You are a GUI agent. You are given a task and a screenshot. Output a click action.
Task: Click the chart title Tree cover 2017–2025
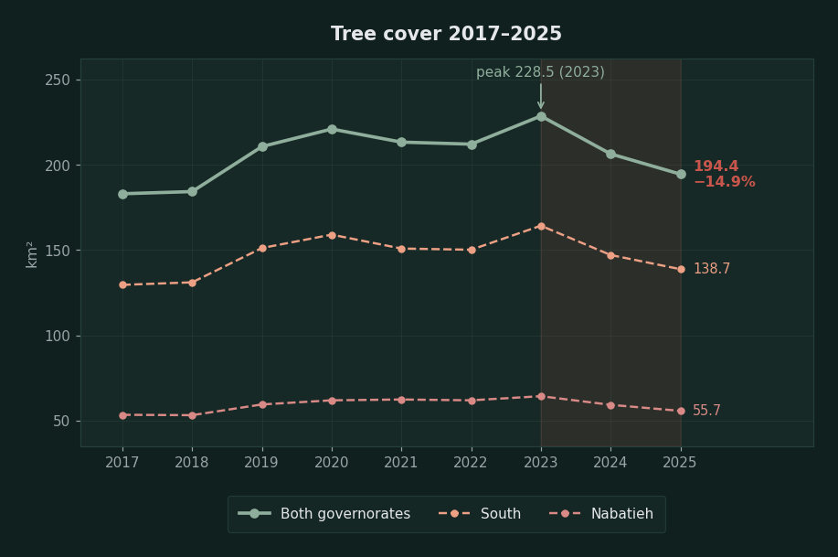point(446,34)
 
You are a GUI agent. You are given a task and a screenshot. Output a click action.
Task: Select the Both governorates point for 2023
point(541,117)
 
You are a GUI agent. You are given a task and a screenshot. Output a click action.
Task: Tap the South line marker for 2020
point(332,235)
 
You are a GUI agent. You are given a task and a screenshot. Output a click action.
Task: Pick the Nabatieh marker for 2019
point(262,404)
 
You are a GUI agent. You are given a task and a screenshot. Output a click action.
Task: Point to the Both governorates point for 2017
point(123,194)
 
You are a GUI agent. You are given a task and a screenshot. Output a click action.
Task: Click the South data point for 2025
point(681,269)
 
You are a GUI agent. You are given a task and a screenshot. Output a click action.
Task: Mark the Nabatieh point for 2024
point(610,405)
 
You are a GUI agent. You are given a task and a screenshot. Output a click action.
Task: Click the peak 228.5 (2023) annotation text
point(540,72)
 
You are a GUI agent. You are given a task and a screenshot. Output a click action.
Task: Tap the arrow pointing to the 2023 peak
point(541,96)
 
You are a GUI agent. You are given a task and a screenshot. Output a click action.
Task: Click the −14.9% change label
point(724,182)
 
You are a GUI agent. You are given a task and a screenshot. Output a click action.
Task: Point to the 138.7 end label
point(712,269)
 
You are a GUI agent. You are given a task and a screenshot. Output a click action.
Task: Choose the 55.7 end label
point(706,411)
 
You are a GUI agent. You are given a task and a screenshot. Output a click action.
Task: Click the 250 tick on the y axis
point(58,80)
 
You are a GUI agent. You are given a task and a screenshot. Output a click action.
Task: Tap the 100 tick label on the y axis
point(58,336)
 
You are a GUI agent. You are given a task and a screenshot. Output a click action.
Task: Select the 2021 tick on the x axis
point(401,462)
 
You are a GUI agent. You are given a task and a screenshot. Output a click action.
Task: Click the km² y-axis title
point(32,254)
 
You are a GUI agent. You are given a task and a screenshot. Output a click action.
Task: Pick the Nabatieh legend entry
point(601,514)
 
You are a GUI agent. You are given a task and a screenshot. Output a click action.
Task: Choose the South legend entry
point(480,514)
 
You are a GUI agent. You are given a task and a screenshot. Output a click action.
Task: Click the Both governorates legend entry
point(324,514)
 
